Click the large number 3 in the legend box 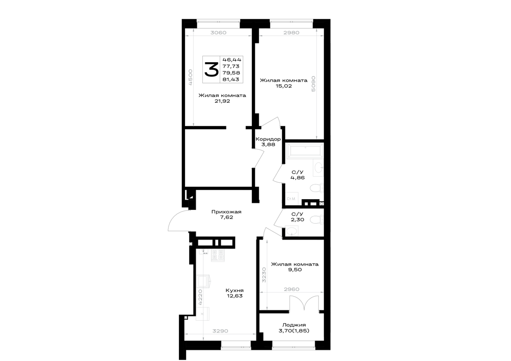click(211, 69)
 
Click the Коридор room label click(268, 139)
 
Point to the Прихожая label click(226, 212)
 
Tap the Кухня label click(235, 291)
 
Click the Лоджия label click(294, 325)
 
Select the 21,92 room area click(222, 101)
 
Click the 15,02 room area click(284, 86)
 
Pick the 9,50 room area click(295, 270)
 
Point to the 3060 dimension click(218, 33)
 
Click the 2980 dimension click(291, 33)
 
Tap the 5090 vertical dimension click(313, 84)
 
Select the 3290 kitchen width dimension click(220, 331)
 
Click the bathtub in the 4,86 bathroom click(305, 151)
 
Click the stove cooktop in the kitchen click(218, 255)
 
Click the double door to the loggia click(304, 303)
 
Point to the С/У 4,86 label click(297, 175)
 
